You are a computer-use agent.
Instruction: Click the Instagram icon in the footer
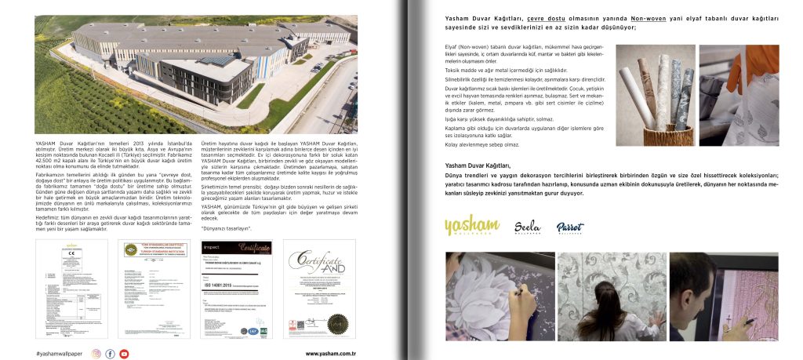(96, 353)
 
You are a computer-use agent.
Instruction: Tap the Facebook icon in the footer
(111, 353)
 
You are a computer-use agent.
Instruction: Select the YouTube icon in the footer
(124, 353)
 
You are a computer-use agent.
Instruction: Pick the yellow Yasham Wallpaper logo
(470, 227)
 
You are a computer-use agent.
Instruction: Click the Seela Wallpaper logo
(527, 227)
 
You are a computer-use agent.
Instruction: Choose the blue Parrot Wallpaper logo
(570, 227)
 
